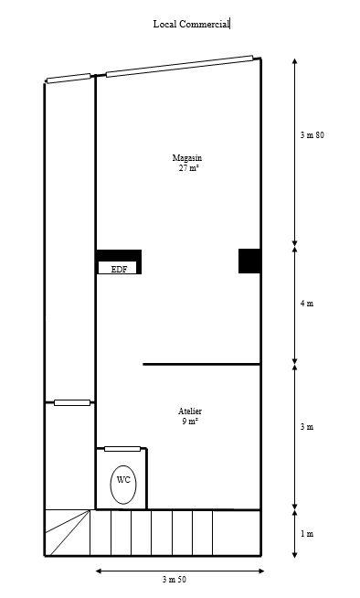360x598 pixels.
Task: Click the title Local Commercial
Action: click(191, 25)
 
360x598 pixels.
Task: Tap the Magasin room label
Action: click(187, 158)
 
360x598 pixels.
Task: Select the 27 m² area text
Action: click(188, 168)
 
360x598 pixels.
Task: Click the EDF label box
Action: click(119, 269)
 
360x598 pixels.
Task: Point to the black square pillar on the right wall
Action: click(249, 261)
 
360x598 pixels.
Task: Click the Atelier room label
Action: click(190, 411)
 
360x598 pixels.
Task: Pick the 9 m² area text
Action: click(190, 422)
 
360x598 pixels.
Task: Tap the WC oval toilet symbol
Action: click(123, 485)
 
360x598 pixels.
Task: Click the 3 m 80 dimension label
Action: click(312, 135)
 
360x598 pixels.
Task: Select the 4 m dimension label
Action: click(307, 304)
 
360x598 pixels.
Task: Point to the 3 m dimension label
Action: click(307, 427)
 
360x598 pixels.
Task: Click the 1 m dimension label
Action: click(307, 533)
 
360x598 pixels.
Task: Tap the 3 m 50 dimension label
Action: click(175, 580)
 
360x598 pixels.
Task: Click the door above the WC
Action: click(122, 448)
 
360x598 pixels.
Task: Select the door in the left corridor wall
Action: click(72, 402)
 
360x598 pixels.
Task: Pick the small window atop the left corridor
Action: click(69, 80)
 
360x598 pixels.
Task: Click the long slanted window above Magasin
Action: click(179, 66)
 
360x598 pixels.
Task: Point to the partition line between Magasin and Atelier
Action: click(201, 364)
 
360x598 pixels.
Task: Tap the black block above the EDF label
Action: click(119, 255)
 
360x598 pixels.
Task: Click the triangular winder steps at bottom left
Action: click(67, 532)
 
